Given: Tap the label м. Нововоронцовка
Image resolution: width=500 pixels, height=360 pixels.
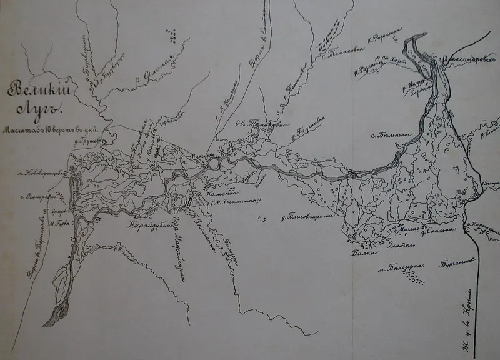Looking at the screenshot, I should tap(44, 173).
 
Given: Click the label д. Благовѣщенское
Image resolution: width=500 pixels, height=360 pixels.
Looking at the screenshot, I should tap(311, 219).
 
